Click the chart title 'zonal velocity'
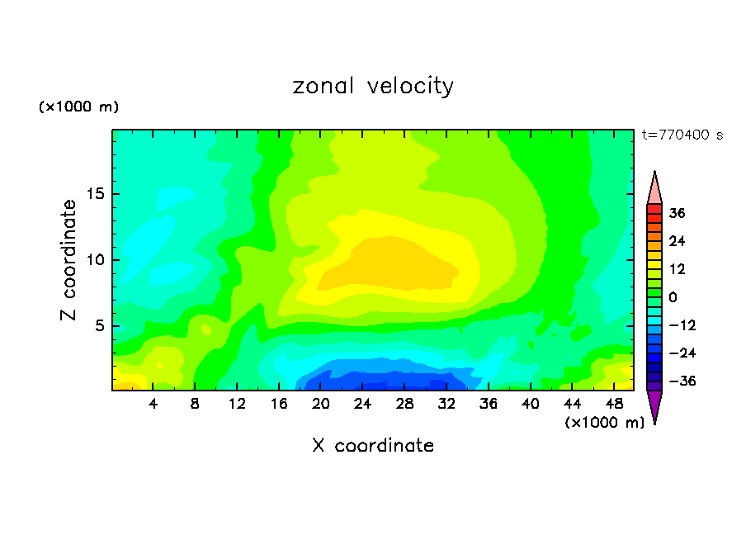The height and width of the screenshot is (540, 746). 373,86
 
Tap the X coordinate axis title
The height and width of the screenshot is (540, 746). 373,446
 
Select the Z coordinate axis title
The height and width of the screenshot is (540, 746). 69,259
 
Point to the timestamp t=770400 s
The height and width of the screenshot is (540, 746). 682,135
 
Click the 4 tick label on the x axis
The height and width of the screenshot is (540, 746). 153,405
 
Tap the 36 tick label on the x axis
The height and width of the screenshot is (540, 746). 488,405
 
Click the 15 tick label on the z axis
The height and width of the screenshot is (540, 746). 96,194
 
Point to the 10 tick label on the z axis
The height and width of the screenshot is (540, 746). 96,260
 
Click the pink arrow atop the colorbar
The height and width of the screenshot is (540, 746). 654,189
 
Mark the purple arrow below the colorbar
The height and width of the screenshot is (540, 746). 654,405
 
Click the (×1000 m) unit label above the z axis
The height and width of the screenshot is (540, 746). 79,107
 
